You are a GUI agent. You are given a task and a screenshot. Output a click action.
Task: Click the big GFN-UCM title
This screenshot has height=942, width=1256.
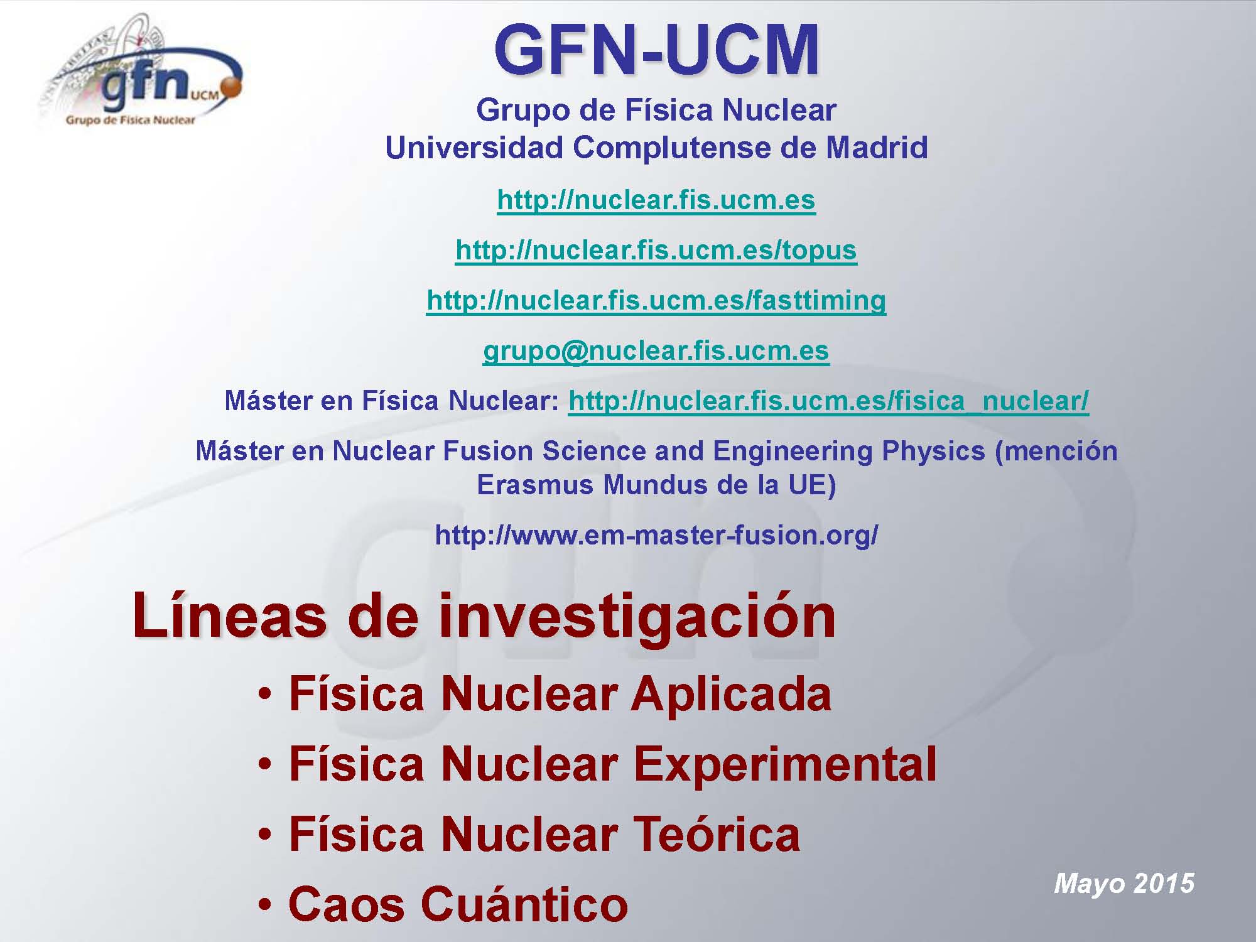[656, 49]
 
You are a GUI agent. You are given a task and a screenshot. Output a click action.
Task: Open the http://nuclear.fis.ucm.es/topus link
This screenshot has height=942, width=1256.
[656, 251]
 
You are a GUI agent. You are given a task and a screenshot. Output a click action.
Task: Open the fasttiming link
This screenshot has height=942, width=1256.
[656, 301]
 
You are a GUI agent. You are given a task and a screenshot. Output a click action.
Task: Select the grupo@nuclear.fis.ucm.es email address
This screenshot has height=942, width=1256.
[656, 352]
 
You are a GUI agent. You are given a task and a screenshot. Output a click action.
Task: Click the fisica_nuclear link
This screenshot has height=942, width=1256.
[828, 401]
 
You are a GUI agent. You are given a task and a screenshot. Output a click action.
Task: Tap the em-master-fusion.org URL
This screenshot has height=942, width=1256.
[656, 535]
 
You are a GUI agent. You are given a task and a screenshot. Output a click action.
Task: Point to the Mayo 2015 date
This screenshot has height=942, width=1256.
[1123, 884]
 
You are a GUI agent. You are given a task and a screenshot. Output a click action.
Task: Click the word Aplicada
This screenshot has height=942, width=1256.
[731, 696]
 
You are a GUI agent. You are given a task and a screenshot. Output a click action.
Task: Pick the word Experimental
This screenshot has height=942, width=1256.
[785, 766]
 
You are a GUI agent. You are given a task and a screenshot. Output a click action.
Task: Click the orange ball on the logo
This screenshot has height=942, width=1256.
[232, 89]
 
